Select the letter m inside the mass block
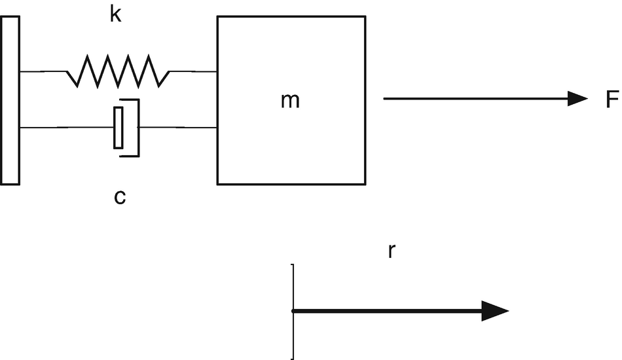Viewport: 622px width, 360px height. click(x=290, y=101)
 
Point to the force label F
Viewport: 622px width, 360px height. click(x=612, y=99)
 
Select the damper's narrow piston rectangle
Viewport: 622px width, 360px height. click(x=119, y=128)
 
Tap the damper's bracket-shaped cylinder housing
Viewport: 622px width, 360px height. click(x=136, y=128)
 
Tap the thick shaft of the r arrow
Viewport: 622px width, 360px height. click(x=386, y=311)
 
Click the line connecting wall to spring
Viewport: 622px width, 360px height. click(x=43, y=71)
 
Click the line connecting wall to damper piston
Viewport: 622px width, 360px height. click(x=65, y=128)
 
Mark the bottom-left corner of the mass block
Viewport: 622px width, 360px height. click(x=218, y=184)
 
